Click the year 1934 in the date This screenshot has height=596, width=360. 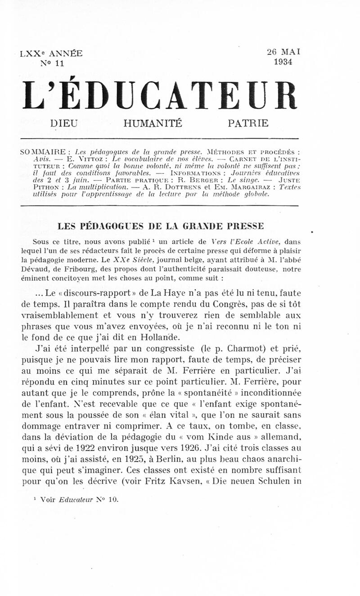point(283,62)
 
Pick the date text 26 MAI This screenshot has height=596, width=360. point(283,52)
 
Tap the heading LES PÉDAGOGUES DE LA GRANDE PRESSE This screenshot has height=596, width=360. point(161,226)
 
